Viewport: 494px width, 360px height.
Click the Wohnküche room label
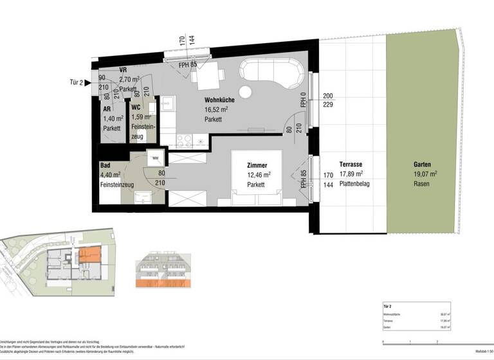click(219, 100)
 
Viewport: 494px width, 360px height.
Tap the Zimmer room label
click(257, 165)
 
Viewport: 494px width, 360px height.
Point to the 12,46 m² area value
click(259, 174)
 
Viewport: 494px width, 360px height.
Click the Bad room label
click(105, 165)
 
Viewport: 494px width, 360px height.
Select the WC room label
click(136, 108)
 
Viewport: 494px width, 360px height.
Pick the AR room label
click(107, 109)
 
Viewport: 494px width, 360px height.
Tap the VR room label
click(123, 71)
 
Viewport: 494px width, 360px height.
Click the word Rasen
click(423, 183)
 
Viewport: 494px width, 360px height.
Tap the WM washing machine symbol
click(155, 157)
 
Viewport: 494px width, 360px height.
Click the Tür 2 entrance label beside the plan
click(77, 83)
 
